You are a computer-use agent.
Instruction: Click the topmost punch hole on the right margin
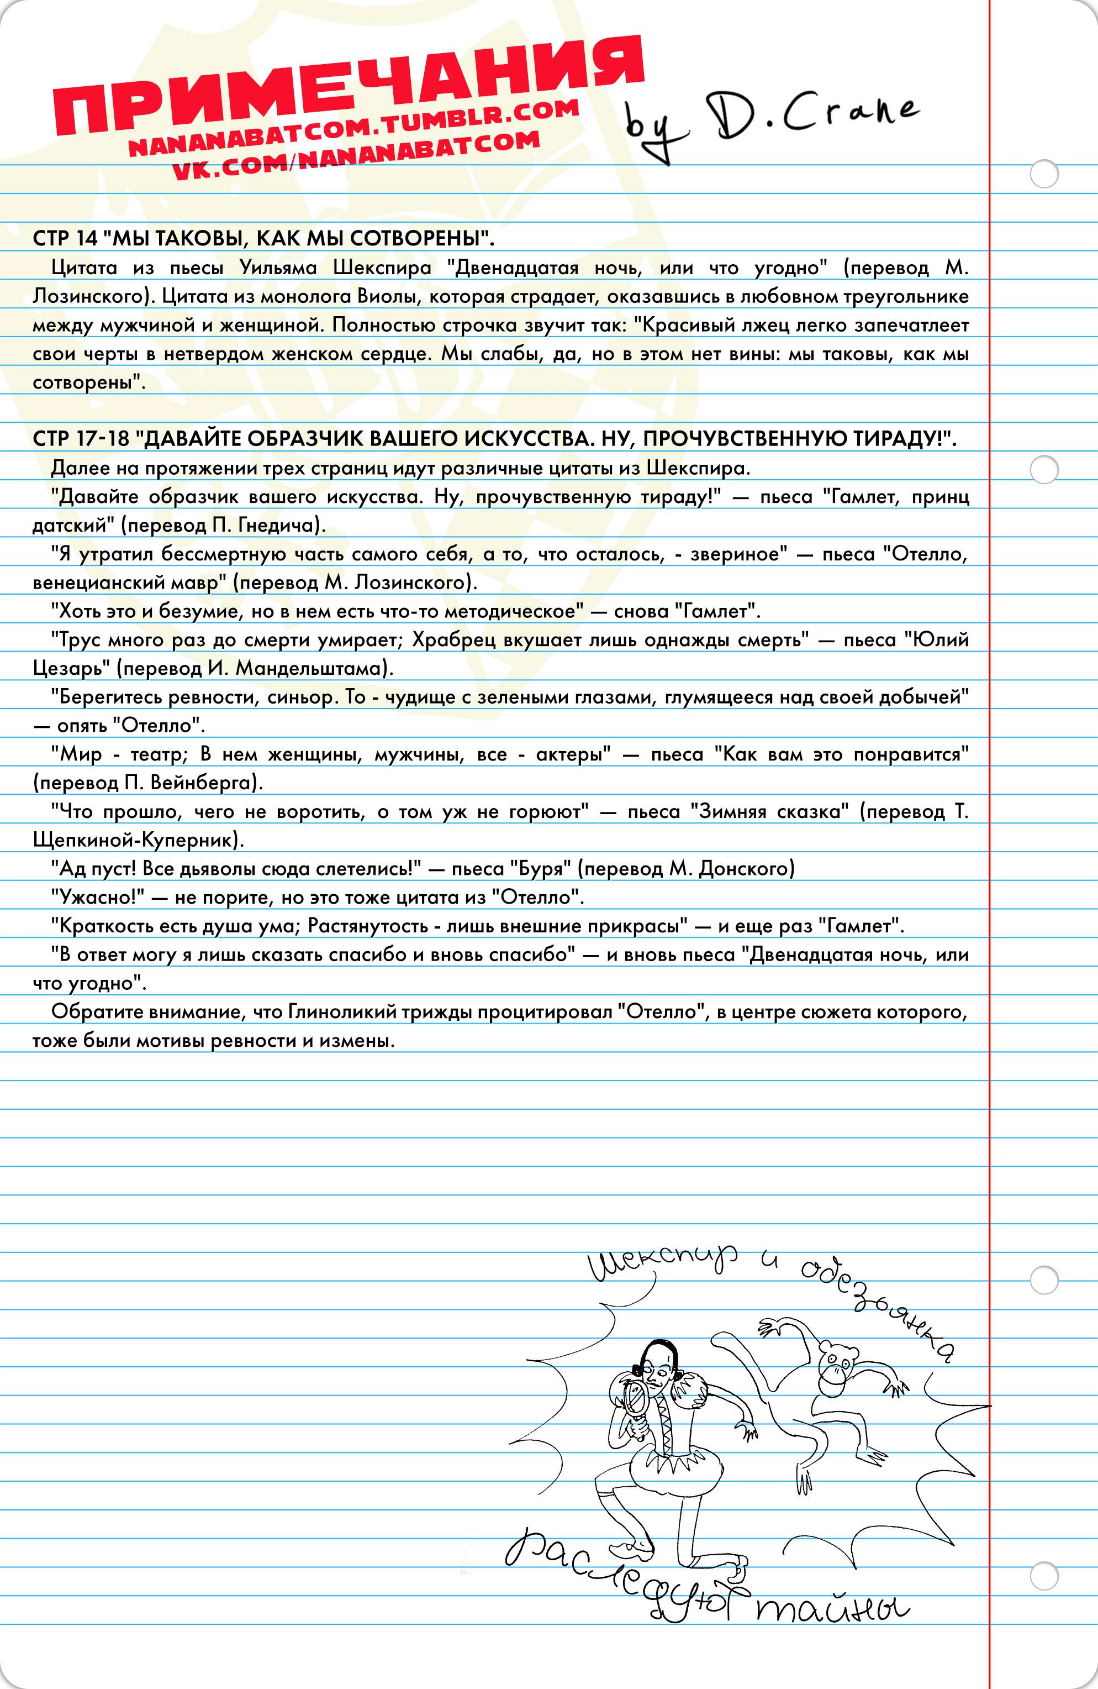click(1043, 174)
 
